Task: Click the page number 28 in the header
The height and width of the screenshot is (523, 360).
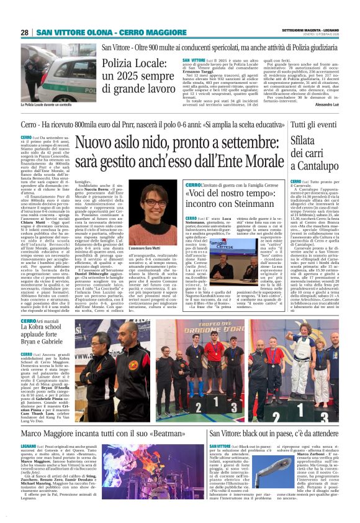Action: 25,32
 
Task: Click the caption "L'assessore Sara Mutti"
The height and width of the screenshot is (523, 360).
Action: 150,229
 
